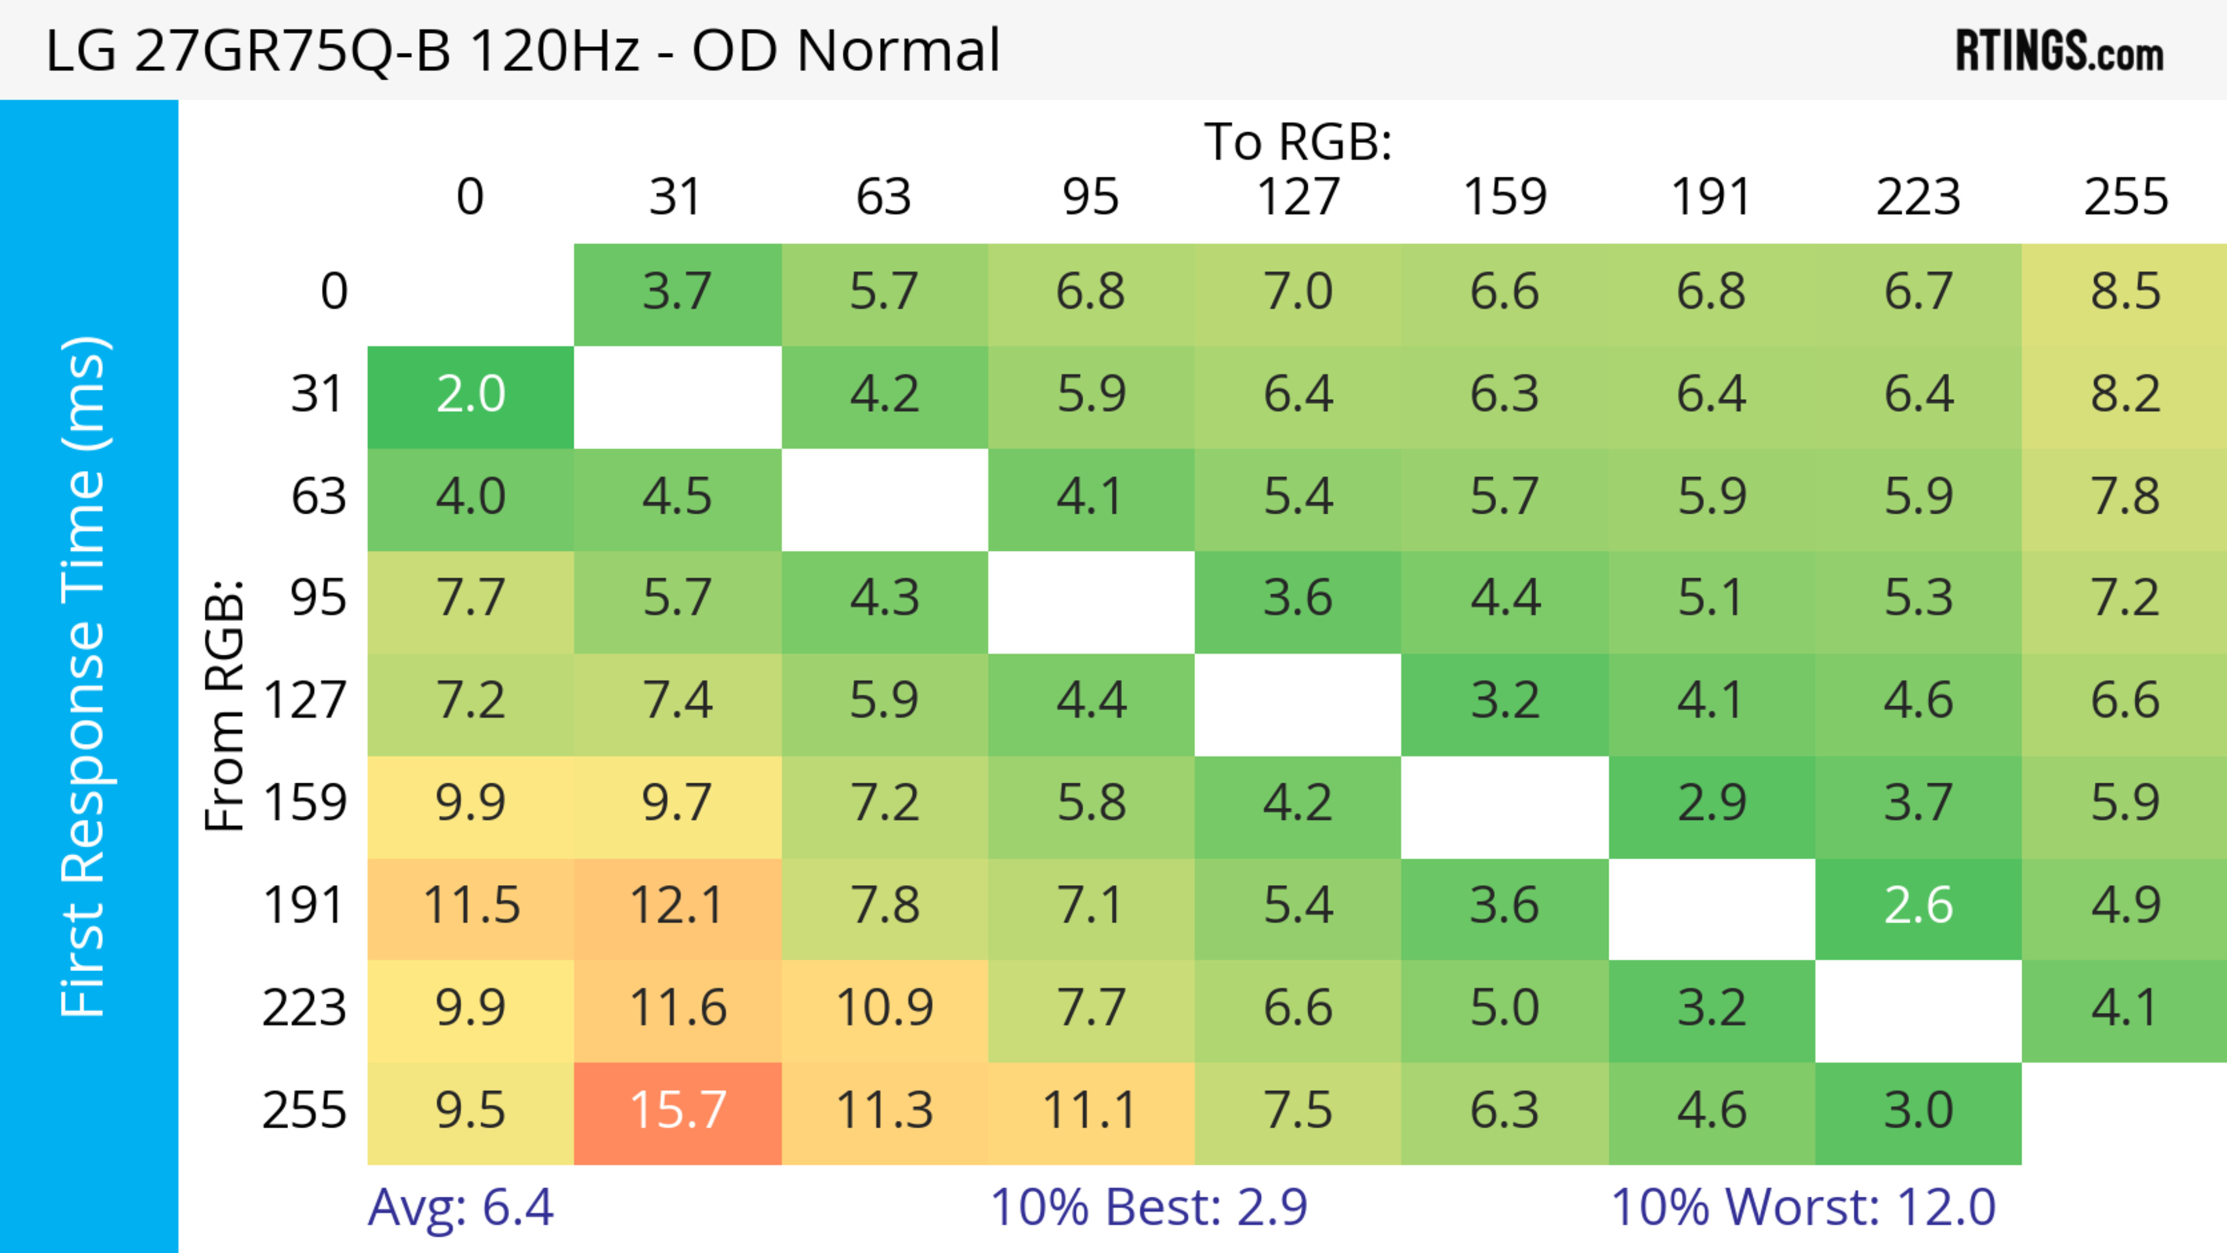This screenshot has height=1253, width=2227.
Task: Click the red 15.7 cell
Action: click(678, 1112)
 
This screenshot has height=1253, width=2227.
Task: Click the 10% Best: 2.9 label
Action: click(1148, 1207)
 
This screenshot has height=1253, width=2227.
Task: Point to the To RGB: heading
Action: click(1298, 141)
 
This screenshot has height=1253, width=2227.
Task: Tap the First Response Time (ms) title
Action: click(85, 675)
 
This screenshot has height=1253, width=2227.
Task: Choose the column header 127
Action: click(1298, 197)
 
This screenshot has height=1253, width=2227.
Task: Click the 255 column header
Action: click(2125, 197)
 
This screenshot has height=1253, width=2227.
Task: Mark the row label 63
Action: click(318, 497)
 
